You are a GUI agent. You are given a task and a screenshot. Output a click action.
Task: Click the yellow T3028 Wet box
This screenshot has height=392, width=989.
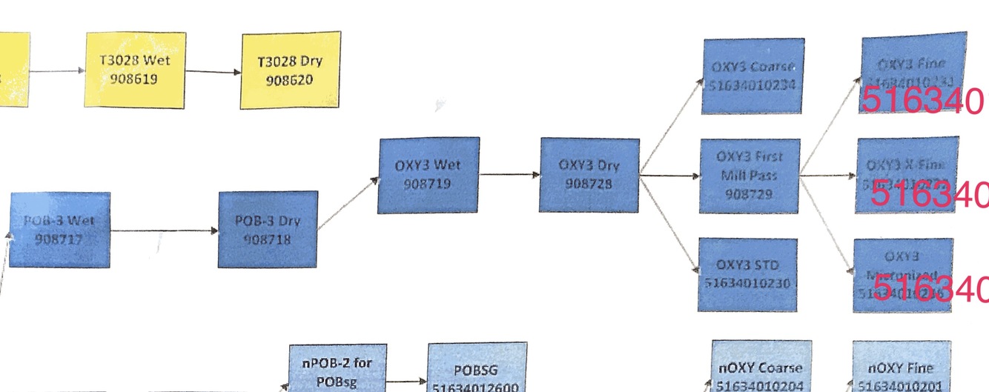(x=135, y=70)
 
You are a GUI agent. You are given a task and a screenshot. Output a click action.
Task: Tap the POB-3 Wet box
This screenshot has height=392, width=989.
(x=60, y=230)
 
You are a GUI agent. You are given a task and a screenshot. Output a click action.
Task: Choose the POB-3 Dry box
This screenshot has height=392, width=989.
(x=268, y=230)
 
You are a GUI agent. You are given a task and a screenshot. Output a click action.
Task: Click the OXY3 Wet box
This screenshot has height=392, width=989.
(x=429, y=175)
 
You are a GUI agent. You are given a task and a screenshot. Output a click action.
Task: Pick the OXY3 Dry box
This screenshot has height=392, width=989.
(x=589, y=174)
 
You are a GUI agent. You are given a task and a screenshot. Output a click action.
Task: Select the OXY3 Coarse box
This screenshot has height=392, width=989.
(x=752, y=76)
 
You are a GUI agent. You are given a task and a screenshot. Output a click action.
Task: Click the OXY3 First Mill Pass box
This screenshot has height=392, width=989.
(x=750, y=176)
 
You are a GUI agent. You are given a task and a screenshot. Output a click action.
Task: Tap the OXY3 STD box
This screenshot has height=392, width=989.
(x=747, y=274)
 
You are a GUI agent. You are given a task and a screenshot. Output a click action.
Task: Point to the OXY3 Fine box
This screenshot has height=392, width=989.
(x=913, y=72)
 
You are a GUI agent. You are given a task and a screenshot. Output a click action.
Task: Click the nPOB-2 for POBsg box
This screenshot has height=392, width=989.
(x=337, y=370)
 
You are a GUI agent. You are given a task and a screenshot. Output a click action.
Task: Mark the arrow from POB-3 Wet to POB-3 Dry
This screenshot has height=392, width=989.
(x=164, y=230)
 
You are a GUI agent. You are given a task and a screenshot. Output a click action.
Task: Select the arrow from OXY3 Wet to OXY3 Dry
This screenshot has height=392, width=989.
(x=509, y=175)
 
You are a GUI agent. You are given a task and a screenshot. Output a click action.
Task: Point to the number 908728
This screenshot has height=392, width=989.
(x=589, y=185)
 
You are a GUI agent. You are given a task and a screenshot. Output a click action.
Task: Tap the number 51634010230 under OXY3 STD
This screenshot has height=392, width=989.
(x=747, y=284)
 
